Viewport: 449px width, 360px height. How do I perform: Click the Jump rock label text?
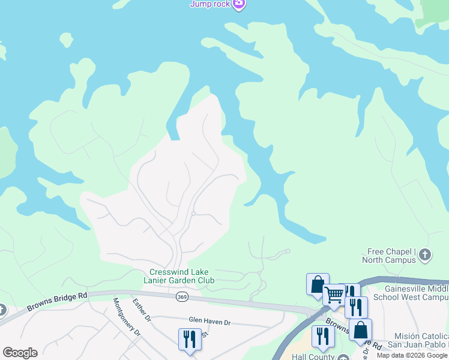point(209,4)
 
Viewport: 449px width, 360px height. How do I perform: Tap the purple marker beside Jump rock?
point(239,4)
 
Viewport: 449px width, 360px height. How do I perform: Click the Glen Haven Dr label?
point(209,322)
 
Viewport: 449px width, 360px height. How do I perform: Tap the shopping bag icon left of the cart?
point(318,284)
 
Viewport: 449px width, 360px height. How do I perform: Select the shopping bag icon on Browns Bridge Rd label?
point(360,329)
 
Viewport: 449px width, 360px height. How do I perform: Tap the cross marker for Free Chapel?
point(424,254)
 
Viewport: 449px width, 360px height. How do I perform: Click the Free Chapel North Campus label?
point(389,256)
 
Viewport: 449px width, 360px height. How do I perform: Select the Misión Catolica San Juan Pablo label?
point(421,341)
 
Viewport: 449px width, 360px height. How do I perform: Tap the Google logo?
point(20,353)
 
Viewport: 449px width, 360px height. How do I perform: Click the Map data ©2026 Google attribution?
point(412,355)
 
